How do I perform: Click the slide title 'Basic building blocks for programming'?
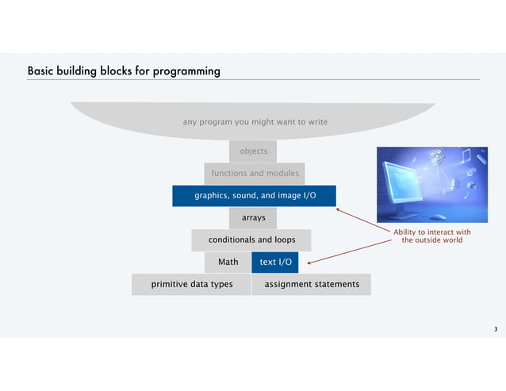(124, 71)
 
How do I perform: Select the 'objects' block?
(254, 151)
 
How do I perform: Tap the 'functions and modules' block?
(255, 173)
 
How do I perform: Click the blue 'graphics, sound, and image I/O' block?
(255, 195)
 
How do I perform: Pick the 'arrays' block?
(253, 217)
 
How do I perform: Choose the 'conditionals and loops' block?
(251, 239)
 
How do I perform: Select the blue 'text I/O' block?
(275, 261)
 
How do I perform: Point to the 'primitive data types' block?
(192, 284)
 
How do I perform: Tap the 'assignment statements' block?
(312, 284)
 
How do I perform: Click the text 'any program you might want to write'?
(255, 122)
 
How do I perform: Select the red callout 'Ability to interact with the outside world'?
(431, 236)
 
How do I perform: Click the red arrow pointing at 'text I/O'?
(349, 250)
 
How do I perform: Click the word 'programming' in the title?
(187, 72)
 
